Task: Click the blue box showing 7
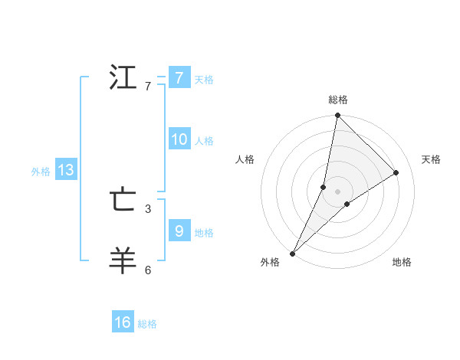[179, 78]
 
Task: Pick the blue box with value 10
[179, 139]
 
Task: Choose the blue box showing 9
[179, 231]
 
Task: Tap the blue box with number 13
[65, 171]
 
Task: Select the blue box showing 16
[123, 322]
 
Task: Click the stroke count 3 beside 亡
[148, 208]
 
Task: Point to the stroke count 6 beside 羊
[148, 270]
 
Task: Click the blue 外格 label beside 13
[41, 172]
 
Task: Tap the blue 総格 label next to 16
[147, 324]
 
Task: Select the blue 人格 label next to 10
[204, 141]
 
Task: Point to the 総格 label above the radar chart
[338, 100]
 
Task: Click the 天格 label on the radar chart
[432, 159]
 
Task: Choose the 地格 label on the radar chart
[402, 262]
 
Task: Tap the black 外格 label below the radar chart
[270, 262]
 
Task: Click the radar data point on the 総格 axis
[338, 116]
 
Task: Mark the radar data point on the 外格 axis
[293, 254]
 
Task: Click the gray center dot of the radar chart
[338, 191]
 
